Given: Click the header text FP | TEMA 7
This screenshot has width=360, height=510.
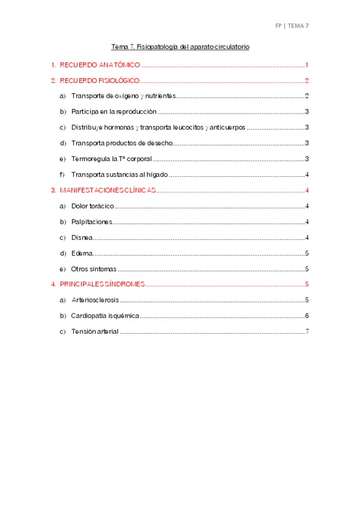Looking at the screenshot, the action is [291, 26].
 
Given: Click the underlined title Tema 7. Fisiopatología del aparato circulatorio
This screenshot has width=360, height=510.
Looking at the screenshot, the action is [180, 46].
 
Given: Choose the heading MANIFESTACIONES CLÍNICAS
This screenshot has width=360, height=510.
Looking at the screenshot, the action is [108, 190].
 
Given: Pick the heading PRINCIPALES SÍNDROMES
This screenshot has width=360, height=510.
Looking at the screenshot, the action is [102, 284].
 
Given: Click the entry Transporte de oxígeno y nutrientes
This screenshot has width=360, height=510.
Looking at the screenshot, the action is [123, 96].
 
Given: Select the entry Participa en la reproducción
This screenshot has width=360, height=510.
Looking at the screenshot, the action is [114, 112].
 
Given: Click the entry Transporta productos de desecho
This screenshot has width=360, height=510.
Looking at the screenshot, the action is [122, 143].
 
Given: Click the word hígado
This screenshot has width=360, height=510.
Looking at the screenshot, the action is [155, 174].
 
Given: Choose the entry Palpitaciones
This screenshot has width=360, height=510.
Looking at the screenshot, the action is [91, 221].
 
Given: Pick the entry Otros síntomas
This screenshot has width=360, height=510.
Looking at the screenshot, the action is [94, 269].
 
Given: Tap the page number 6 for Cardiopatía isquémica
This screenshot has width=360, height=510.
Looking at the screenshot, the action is [307, 316].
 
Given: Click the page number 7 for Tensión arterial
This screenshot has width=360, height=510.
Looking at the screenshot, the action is [307, 331].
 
